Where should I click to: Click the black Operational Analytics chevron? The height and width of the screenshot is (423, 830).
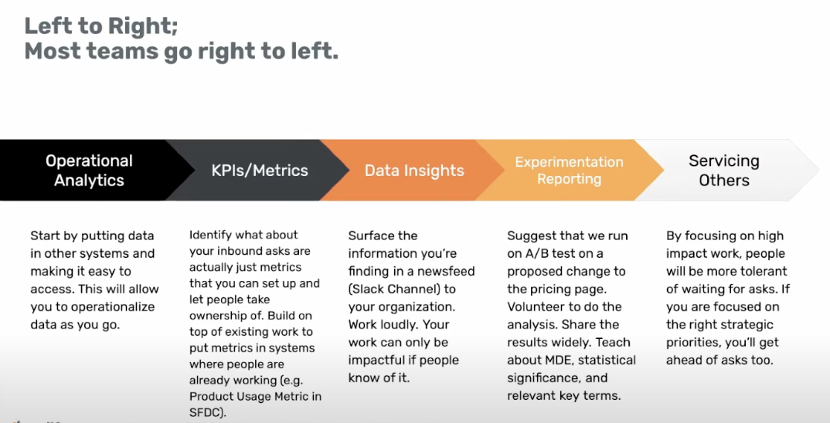point(90,171)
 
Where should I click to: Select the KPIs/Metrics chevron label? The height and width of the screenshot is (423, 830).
point(260,171)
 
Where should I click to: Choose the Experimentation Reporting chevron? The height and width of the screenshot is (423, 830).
point(570,171)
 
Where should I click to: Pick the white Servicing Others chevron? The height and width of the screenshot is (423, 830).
point(725,171)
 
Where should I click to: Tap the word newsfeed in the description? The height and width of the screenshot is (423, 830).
point(446,271)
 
